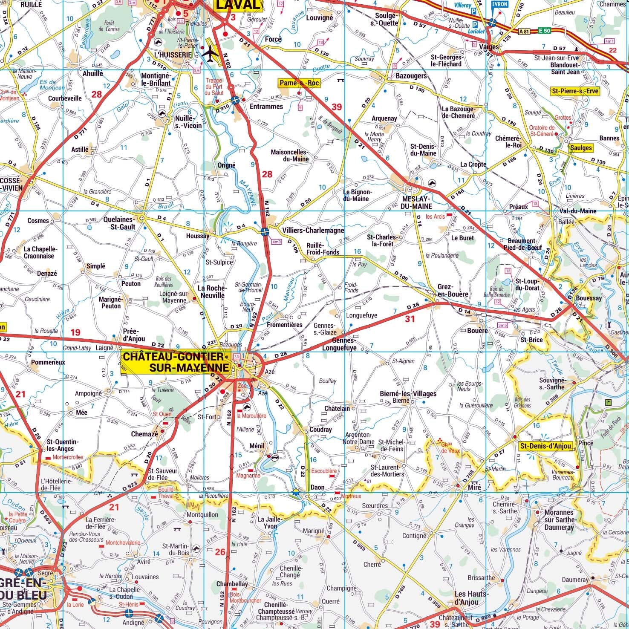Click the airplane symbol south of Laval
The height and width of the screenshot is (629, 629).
(210, 53)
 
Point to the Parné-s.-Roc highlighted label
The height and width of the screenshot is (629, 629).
(299, 83)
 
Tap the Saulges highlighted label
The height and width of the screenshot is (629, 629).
(581, 148)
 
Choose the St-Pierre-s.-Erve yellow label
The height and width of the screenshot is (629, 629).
(575, 91)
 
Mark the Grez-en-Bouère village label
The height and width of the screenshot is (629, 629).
(453, 291)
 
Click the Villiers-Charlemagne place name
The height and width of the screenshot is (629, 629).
(313, 230)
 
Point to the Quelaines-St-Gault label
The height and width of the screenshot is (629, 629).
(120, 223)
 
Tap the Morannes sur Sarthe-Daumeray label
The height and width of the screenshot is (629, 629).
(559, 519)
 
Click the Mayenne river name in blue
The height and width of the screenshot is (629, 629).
(248, 193)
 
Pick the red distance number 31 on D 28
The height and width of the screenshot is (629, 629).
(410, 319)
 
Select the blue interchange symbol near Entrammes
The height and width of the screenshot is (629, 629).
(235, 101)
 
